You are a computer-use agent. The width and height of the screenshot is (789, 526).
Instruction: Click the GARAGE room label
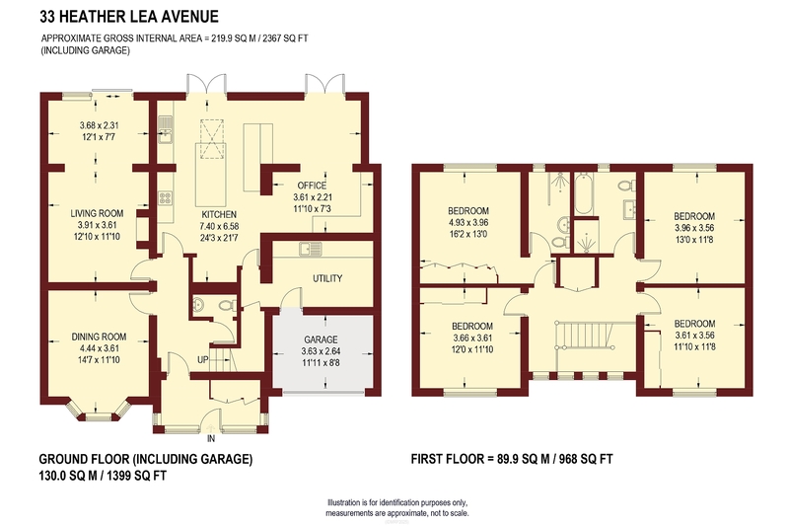321,339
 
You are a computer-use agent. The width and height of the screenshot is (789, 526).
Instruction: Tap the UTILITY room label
327,278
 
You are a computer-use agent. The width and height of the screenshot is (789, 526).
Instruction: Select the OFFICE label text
312,186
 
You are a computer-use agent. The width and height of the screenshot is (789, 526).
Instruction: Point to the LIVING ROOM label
97,213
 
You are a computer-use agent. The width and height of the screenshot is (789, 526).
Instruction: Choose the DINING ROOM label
99,337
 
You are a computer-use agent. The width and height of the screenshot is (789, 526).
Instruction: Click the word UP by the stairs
203,360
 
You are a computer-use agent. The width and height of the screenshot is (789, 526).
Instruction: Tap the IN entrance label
211,439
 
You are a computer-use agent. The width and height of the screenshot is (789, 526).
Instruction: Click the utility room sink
310,248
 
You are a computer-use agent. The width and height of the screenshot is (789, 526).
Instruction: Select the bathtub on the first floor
583,193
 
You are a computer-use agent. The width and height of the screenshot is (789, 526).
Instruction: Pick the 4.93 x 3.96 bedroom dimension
469,222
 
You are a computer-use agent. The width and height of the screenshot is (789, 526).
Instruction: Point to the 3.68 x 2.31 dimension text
100,126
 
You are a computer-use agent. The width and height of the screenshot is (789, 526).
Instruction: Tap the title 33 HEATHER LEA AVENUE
129,17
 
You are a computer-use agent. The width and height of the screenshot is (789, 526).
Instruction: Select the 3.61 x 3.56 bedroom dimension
694,336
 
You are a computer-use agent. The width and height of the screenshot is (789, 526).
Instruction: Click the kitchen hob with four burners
166,197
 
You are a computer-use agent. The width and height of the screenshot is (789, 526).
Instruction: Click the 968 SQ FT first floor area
586,459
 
